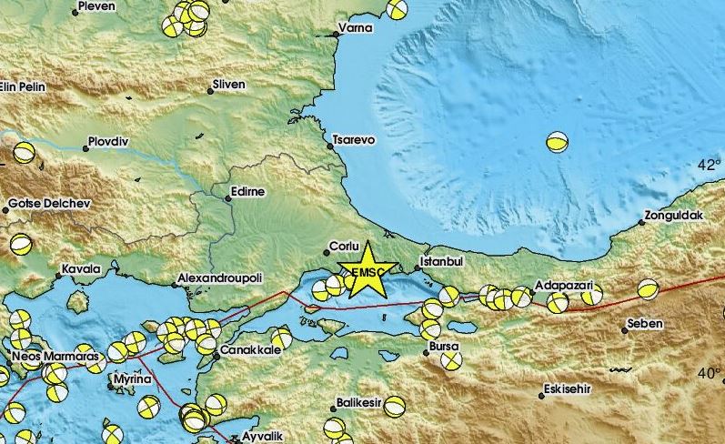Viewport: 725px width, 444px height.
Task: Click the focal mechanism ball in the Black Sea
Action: [x=558, y=142]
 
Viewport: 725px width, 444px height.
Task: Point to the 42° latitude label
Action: [x=709, y=165]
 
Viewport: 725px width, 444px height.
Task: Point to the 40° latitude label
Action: [x=709, y=373]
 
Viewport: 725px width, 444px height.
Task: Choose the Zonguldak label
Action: [x=674, y=217]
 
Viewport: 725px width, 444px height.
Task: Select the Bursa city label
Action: [x=446, y=347]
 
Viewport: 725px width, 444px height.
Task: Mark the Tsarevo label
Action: [x=356, y=140]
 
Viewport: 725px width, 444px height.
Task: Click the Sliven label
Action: [x=228, y=85]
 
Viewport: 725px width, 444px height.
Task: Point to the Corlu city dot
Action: [x=327, y=253]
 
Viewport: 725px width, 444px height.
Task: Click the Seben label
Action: [x=645, y=324]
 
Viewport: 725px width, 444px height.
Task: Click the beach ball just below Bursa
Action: [x=451, y=360]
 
